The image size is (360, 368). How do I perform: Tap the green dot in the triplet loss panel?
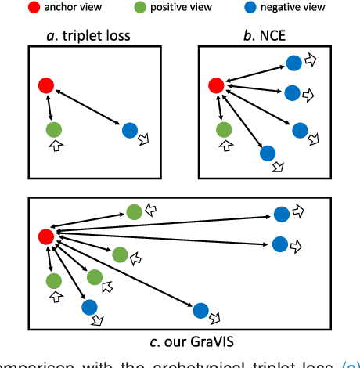point(53,129)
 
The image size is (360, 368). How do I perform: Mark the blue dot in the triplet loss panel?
point(130,129)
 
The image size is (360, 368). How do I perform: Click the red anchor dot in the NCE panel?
point(215,84)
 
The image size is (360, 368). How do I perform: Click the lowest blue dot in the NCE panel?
point(268,154)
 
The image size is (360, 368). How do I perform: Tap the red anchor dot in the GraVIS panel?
point(46,236)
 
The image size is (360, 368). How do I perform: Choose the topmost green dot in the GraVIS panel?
point(134,211)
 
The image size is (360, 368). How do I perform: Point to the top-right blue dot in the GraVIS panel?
point(282,213)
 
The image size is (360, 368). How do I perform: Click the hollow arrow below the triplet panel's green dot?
point(54,146)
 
